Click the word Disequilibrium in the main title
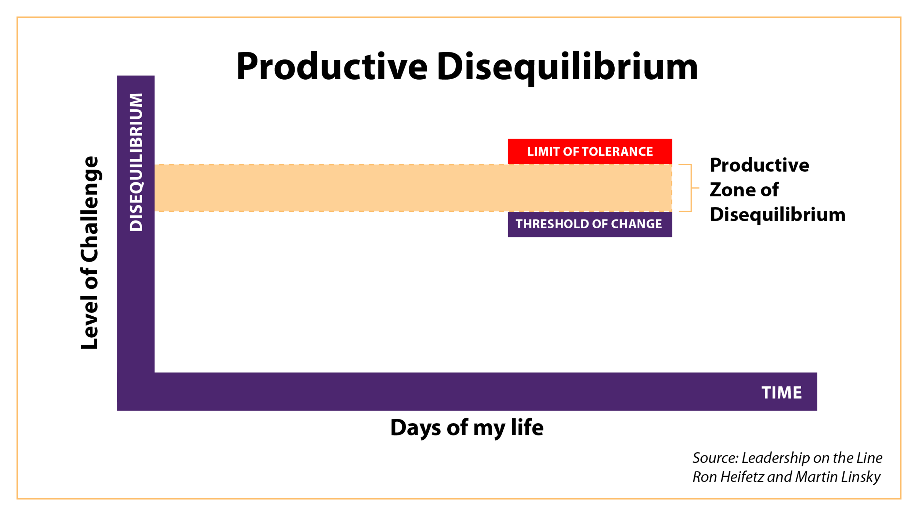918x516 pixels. pos(567,68)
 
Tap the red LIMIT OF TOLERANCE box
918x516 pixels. pos(590,151)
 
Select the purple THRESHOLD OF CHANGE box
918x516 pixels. pos(590,224)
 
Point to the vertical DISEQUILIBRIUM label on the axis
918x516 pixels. pos(136,162)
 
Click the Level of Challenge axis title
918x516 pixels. pos(90,252)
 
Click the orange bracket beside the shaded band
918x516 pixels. pos(691,188)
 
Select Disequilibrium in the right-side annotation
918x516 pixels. pos(778,215)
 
